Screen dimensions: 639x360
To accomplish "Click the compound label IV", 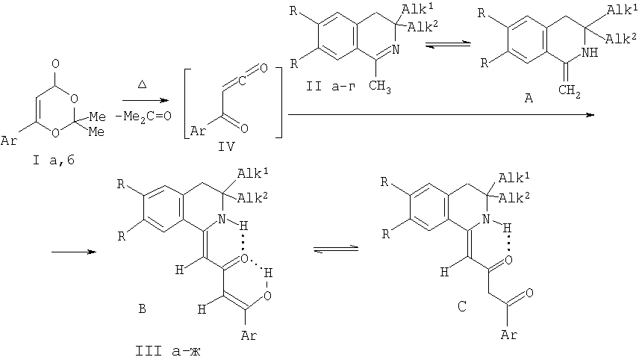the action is coord(227,146).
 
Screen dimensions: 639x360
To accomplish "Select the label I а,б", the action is coord(54,161).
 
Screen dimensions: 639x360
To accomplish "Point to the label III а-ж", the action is coord(168,350).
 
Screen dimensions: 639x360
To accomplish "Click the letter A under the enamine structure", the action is coord(529,98).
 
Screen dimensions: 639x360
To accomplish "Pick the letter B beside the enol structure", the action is coord(142,308).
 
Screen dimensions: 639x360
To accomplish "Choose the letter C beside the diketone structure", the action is coord(461,306).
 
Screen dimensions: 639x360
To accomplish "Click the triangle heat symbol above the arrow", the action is coord(143,85).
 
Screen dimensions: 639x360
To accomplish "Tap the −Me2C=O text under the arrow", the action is coord(143,117).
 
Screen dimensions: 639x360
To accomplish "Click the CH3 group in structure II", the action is coord(380,87).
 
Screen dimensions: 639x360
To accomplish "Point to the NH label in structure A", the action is coord(589,52).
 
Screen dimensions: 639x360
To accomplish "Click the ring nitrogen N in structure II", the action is coord(396,50).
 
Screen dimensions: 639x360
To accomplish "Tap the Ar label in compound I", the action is coord(9,141).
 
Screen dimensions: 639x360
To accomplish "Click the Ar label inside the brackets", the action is coord(199,131).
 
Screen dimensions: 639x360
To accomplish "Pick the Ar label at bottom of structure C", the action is coord(509,335).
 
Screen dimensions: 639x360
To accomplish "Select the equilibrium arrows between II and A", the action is coord(448,44).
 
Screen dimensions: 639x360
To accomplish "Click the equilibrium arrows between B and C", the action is coord(336,249).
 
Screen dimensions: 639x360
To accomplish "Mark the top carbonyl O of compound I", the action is coord(56,63).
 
